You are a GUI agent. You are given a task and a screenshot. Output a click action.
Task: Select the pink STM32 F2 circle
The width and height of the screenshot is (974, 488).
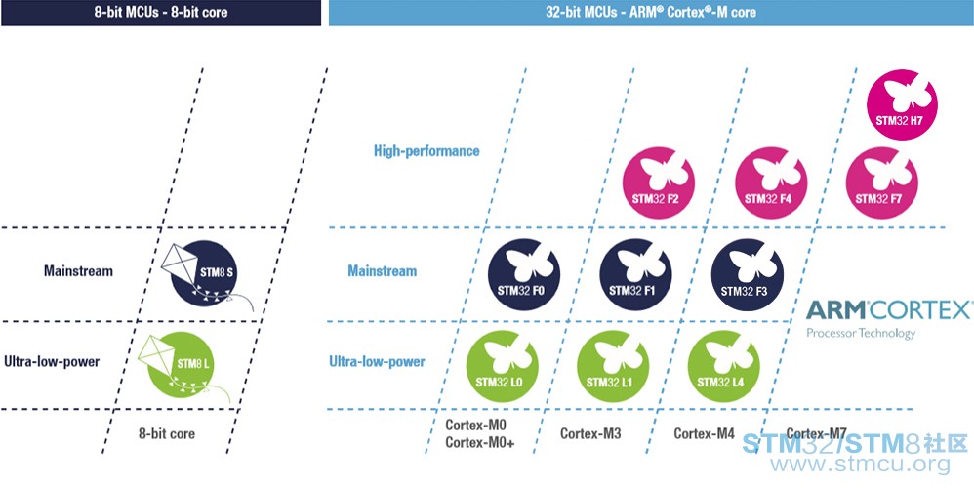pyautogui.click(x=659, y=183)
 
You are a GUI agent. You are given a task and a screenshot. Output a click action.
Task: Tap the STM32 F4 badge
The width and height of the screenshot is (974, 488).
pyautogui.click(x=771, y=183)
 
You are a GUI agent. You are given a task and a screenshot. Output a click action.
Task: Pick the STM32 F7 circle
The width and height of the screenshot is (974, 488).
pyautogui.click(x=882, y=183)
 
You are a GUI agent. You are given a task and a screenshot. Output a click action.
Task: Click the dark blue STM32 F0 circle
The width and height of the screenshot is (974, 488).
pyautogui.click(x=524, y=275)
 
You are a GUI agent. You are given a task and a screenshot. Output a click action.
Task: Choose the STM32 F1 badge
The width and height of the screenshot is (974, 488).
pyautogui.click(x=635, y=275)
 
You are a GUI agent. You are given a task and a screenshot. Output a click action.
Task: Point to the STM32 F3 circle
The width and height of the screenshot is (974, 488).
pyautogui.click(x=748, y=275)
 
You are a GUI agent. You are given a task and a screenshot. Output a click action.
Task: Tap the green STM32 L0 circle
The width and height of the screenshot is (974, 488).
pyautogui.click(x=503, y=366)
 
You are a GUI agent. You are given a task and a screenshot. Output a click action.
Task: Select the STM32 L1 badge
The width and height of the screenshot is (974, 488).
pyautogui.click(x=613, y=366)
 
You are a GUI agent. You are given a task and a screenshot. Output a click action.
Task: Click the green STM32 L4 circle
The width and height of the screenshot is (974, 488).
pyautogui.click(x=723, y=366)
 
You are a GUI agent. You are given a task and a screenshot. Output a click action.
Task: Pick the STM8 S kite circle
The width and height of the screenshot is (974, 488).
pyautogui.click(x=205, y=274)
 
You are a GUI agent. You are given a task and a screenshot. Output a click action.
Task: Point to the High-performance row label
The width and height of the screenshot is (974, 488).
pyautogui.click(x=426, y=151)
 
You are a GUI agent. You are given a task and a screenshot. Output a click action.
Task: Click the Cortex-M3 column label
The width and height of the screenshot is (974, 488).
pyautogui.click(x=590, y=433)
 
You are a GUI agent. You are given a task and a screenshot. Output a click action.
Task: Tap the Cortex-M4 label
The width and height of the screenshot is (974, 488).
pyautogui.click(x=705, y=433)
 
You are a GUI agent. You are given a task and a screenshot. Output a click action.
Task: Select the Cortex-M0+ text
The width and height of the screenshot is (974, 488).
pyautogui.click(x=480, y=443)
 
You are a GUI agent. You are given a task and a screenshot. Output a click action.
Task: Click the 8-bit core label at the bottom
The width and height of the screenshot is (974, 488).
pyautogui.click(x=167, y=433)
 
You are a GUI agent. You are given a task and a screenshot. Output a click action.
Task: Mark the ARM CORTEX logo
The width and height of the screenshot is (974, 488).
pyautogui.click(x=888, y=318)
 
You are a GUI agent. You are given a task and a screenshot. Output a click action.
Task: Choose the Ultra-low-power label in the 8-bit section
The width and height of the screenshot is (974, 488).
pyautogui.click(x=52, y=362)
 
